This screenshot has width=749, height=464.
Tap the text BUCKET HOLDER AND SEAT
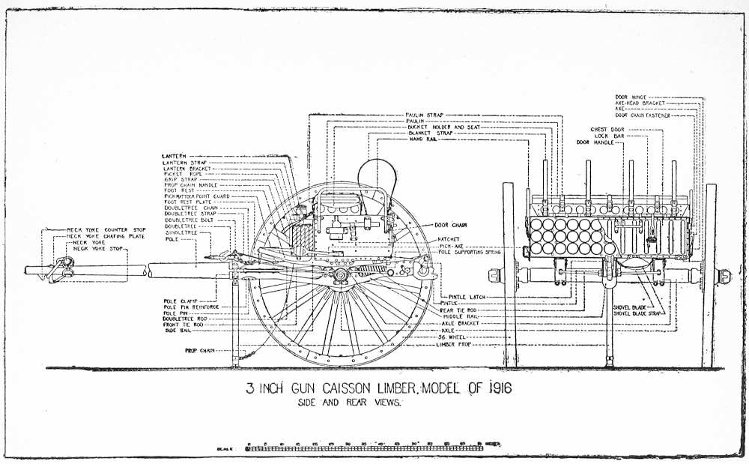tap(443, 127)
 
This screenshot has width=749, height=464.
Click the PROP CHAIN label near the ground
tap(198, 350)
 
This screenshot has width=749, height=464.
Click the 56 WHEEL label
tap(452, 337)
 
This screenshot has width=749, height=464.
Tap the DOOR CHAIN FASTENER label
tap(643, 115)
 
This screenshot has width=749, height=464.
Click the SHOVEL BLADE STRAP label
tap(638, 313)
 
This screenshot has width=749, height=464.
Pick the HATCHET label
tap(449, 240)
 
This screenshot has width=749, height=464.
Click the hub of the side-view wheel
tap(340, 277)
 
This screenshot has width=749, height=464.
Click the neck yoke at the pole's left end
tap(58, 268)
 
